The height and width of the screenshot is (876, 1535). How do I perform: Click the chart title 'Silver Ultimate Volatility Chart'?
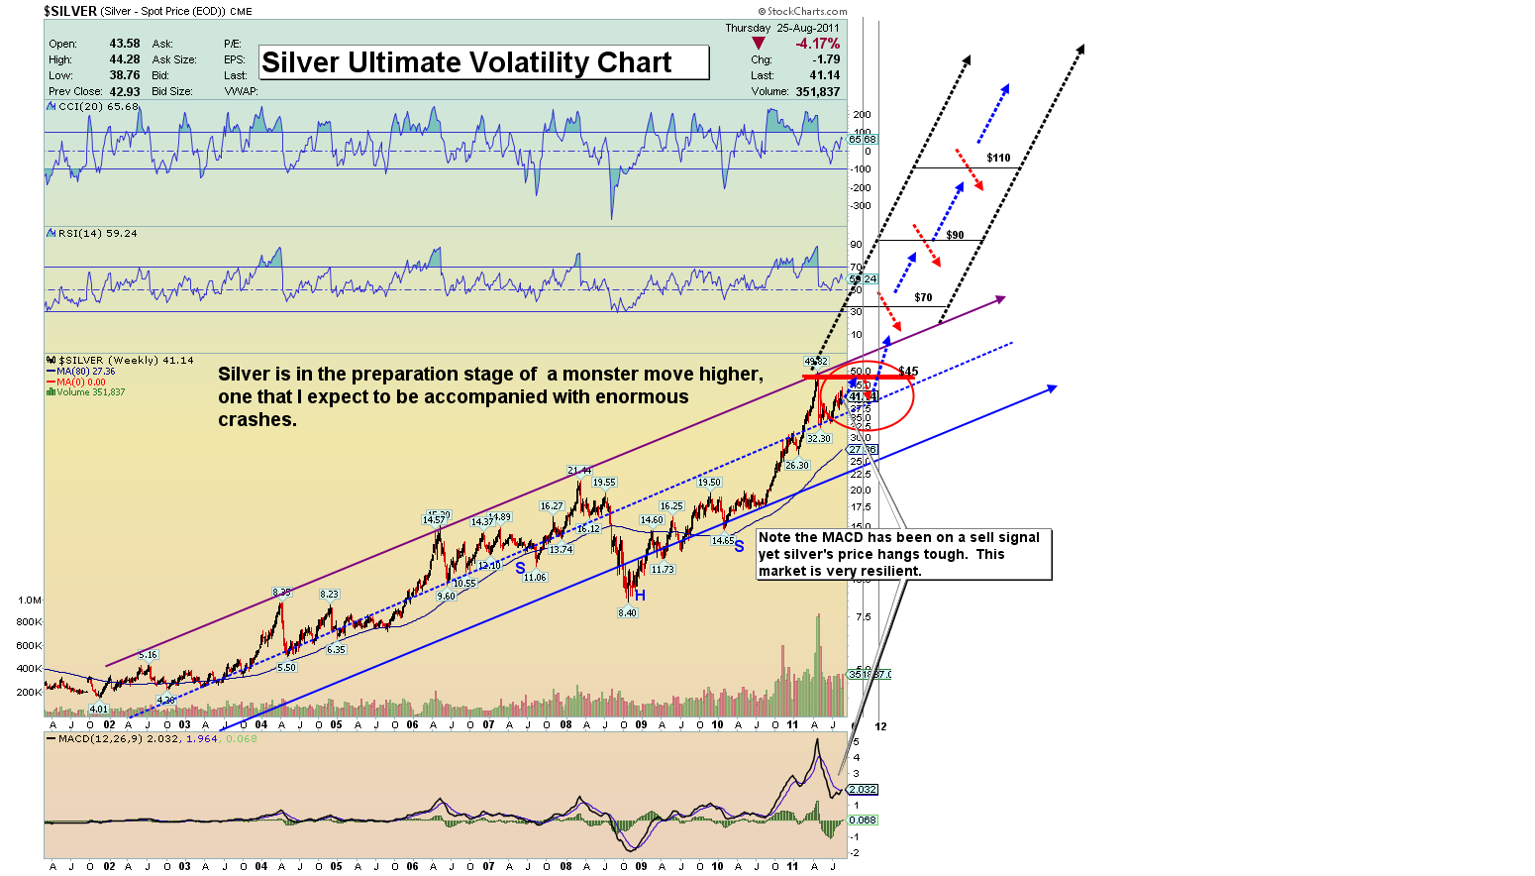[466, 62]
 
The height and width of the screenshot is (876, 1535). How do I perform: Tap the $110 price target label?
[998, 158]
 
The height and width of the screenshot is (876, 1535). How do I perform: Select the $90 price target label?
[955, 235]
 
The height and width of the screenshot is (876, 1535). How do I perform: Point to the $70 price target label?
[923, 297]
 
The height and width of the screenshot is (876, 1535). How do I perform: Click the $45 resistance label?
[908, 372]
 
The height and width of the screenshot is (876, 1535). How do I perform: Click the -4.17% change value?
[818, 44]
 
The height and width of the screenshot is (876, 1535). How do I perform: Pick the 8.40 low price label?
[627, 613]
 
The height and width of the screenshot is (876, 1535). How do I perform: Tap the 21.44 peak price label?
[579, 470]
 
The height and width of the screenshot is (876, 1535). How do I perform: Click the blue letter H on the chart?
[640, 595]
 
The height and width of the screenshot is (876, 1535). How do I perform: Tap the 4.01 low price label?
[98, 709]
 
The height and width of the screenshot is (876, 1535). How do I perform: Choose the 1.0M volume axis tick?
[29, 600]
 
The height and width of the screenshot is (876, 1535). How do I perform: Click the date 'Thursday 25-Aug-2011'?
[781, 28]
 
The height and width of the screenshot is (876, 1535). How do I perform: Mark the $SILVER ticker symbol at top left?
[70, 11]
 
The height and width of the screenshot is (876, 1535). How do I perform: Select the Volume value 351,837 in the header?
[817, 91]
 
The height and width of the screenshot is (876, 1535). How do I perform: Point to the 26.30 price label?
[796, 465]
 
